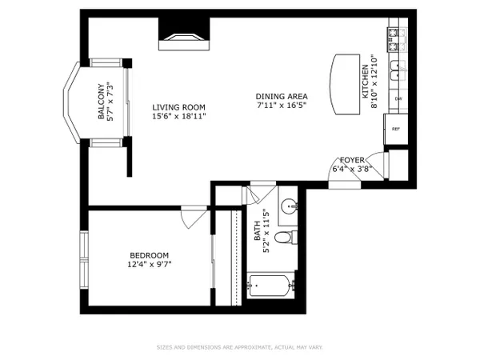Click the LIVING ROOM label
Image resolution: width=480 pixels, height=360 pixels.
click(x=178, y=107)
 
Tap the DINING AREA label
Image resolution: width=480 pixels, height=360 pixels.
click(x=282, y=97)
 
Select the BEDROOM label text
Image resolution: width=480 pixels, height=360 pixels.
click(x=149, y=255)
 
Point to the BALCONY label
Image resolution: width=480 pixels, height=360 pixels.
click(x=102, y=102)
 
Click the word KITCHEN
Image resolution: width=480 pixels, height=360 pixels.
click(x=366, y=82)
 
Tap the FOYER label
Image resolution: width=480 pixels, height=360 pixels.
click(x=352, y=160)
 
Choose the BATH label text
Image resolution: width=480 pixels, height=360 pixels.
click(x=257, y=231)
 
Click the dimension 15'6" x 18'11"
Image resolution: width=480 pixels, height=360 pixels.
click(x=179, y=117)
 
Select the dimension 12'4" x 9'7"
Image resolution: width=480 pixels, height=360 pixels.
click(x=150, y=264)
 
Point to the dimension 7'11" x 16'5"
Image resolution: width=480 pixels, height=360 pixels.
click(x=282, y=106)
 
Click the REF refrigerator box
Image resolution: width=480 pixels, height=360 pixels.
click(x=396, y=129)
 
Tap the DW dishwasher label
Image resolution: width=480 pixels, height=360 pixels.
click(x=398, y=99)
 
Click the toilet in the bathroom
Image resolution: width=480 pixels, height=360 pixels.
click(x=286, y=237)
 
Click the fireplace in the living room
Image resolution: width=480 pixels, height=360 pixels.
click(x=184, y=34)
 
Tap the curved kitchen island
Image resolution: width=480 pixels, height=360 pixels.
click(x=345, y=85)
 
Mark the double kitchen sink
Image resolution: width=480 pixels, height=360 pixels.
click(x=398, y=70)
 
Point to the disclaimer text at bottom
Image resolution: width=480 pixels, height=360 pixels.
click(x=240, y=347)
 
